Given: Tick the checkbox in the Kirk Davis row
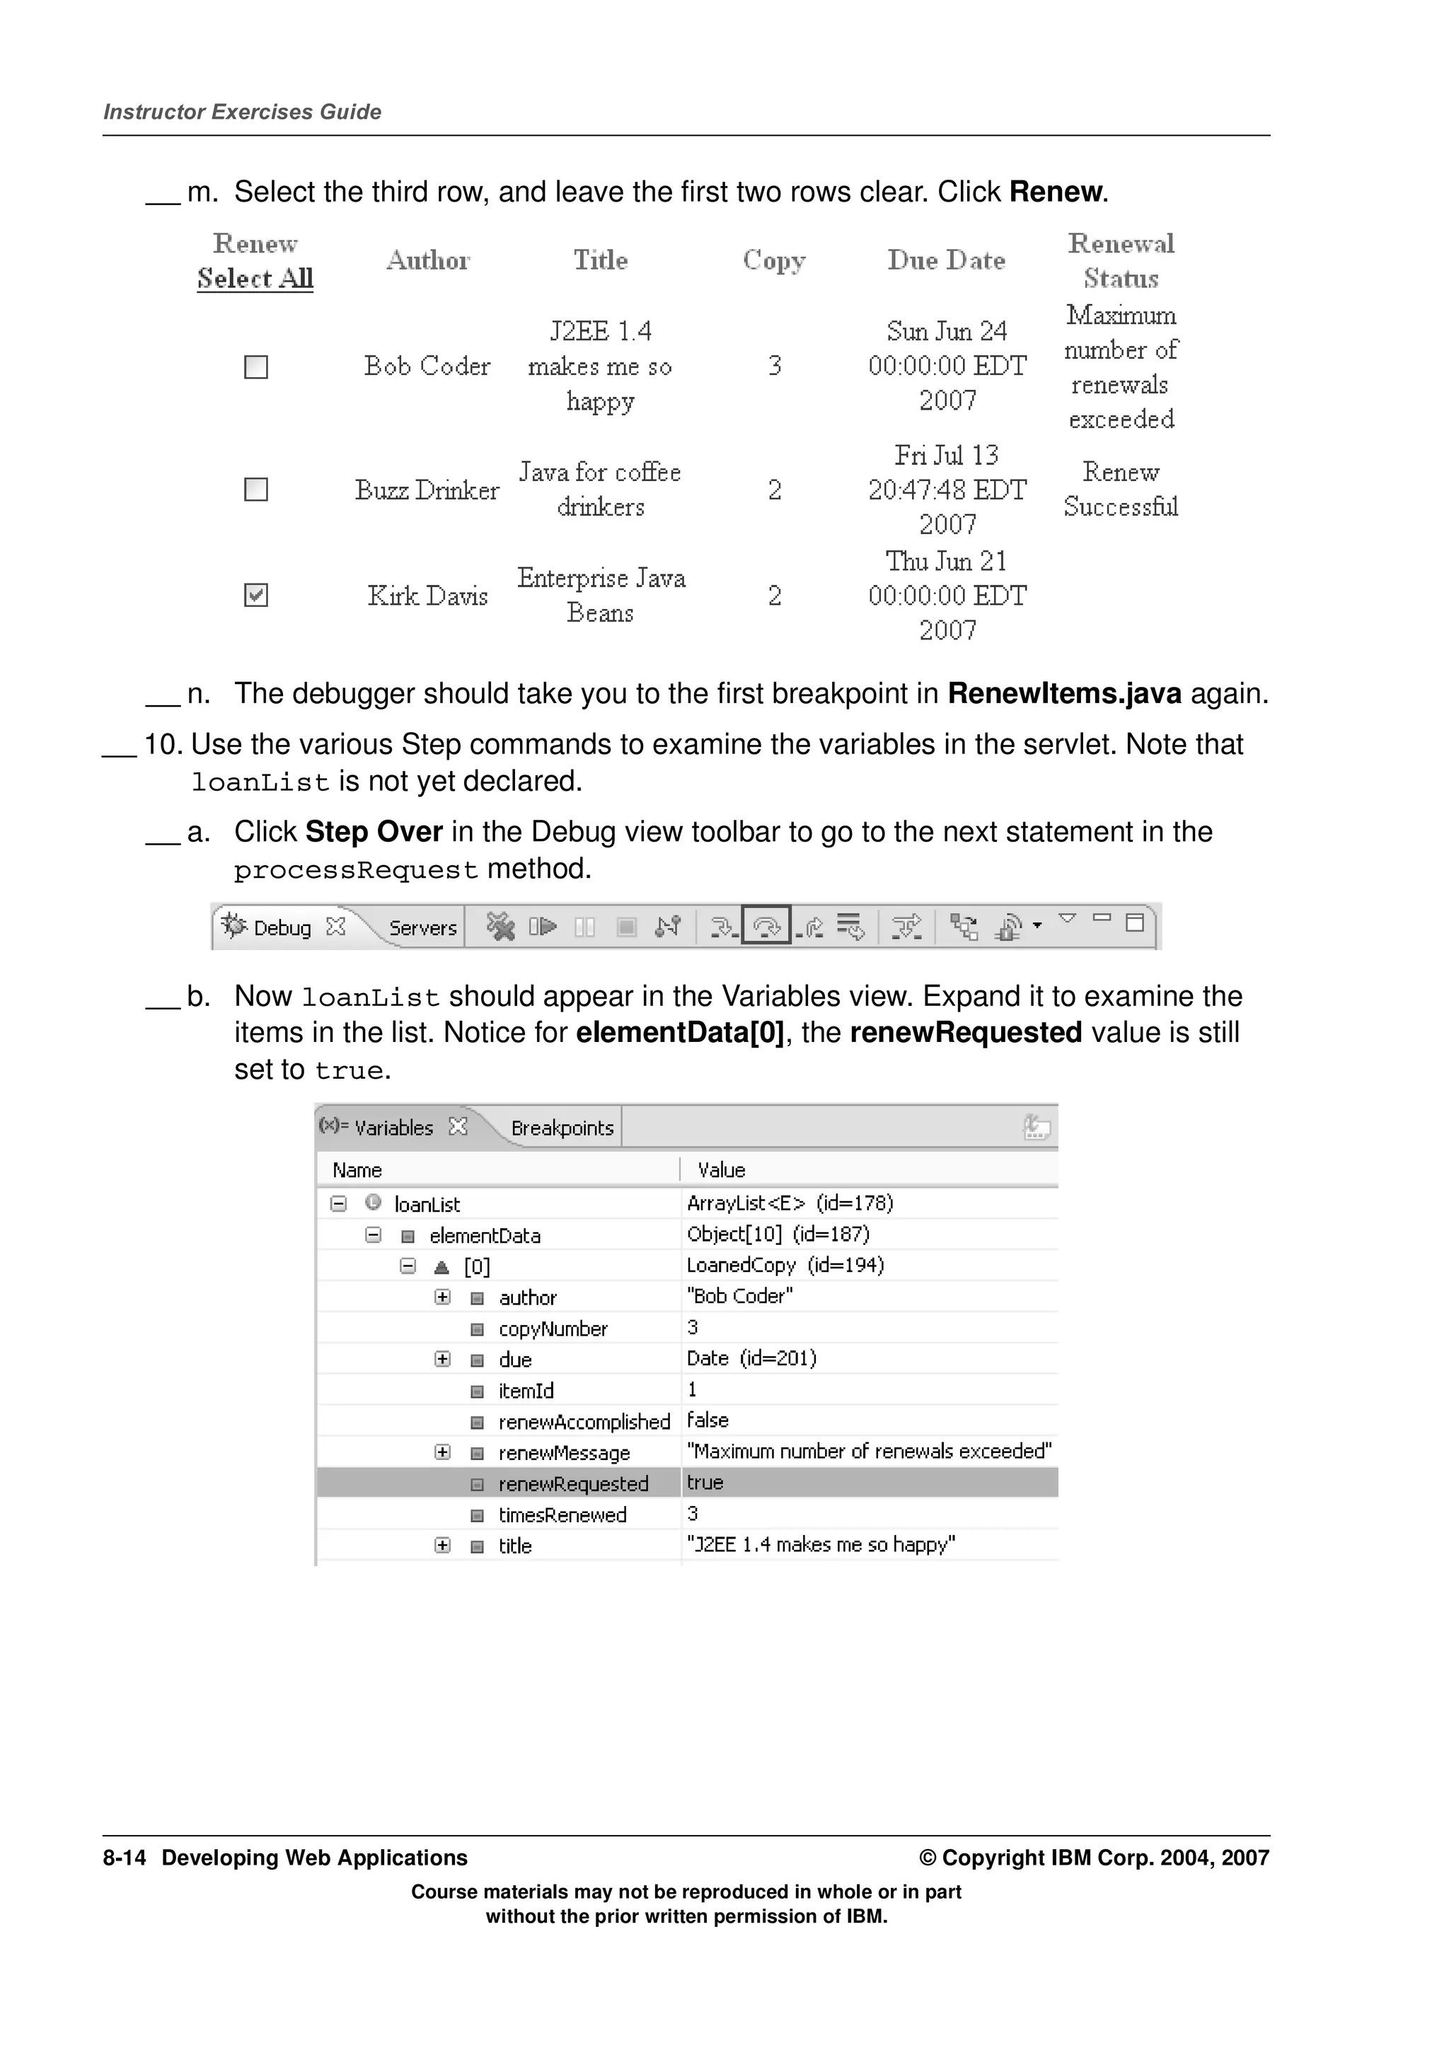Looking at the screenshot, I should [256, 596].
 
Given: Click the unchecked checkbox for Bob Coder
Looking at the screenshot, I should [256, 367].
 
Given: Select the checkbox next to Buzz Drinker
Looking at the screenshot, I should [256, 490].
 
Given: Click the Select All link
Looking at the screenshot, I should [255, 279].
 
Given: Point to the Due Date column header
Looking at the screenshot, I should [947, 261].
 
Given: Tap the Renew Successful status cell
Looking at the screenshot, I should [1121, 490].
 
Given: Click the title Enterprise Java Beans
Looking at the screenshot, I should [601, 596].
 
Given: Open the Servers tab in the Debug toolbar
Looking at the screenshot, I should [422, 929].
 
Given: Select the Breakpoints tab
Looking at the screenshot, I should [562, 1128].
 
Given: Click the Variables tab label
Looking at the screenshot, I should [393, 1128].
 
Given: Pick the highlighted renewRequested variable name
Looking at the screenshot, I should [573, 1484].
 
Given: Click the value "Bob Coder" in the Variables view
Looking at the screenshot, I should [740, 1297].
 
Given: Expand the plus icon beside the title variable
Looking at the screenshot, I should [443, 1546].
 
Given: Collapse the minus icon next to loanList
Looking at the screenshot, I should [338, 1203].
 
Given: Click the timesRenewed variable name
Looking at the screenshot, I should [562, 1515].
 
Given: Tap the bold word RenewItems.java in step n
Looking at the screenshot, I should [1064, 694].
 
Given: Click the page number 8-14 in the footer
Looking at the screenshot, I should [124, 1858].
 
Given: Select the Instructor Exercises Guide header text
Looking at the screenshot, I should [243, 112].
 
